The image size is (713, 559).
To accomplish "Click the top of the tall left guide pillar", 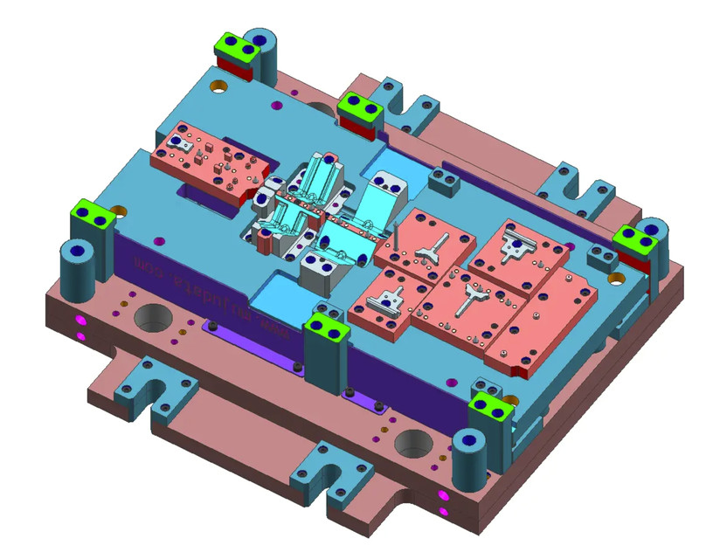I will [77, 251].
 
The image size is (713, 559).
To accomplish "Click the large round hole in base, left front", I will [154, 317].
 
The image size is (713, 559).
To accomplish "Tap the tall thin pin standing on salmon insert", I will [396, 239].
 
